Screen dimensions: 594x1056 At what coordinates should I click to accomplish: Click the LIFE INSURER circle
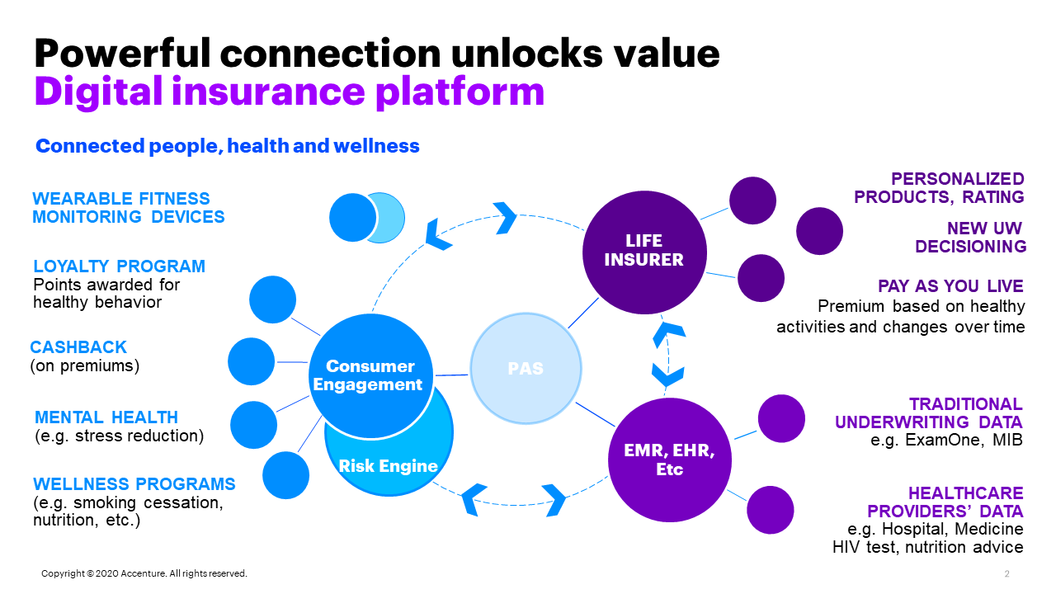pyautogui.click(x=644, y=250)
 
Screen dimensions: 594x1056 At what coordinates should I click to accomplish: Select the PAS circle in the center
pyautogui.click(x=526, y=368)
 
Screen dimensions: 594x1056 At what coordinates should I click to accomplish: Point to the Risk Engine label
pyautogui.click(x=388, y=466)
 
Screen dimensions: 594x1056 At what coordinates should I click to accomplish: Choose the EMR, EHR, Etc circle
pyautogui.click(x=669, y=460)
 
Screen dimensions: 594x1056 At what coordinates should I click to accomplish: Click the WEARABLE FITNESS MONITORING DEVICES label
pyautogui.click(x=129, y=208)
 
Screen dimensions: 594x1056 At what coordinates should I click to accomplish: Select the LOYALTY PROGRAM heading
pyautogui.click(x=119, y=266)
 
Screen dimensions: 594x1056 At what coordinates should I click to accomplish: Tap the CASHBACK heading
pyautogui.click(x=78, y=347)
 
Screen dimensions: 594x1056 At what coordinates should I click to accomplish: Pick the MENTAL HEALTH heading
pyautogui.click(x=106, y=417)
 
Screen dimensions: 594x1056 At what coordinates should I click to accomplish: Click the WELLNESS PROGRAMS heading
pyautogui.click(x=134, y=484)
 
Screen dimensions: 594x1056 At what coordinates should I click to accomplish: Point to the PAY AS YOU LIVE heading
pyautogui.click(x=950, y=286)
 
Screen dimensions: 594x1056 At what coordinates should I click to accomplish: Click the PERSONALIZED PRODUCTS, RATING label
pyautogui.click(x=939, y=188)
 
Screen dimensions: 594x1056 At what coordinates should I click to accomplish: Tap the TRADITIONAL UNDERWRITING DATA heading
pyautogui.click(x=929, y=413)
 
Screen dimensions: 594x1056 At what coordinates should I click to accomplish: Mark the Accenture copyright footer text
pyautogui.click(x=144, y=573)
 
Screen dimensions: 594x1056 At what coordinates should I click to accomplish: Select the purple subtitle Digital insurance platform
pyautogui.click(x=289, y=92)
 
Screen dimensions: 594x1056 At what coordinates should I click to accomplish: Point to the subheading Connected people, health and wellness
pyautogui.click(x=228, y=147)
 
